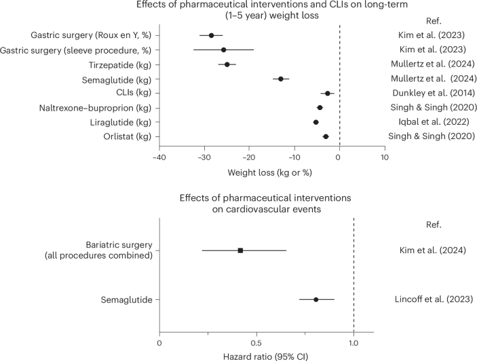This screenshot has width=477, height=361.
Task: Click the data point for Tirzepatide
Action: (x=227, y=64)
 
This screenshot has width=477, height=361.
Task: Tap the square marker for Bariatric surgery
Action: (x=240, y=250)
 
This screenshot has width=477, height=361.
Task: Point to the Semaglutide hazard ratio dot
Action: (x=316, y=299)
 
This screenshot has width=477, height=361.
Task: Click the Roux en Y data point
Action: (x=211, y=35)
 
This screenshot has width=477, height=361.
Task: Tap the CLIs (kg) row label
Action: (x=132, y=93)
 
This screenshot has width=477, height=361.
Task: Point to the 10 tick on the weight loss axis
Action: (x=385, y=158)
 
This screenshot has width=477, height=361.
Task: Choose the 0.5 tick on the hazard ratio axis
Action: (x=256, y=343)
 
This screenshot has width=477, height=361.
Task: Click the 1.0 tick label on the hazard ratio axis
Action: (x=353, y=343)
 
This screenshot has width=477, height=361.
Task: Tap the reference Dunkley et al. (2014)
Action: (x=427, y=93)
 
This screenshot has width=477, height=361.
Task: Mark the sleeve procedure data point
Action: (x=223, y=50)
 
